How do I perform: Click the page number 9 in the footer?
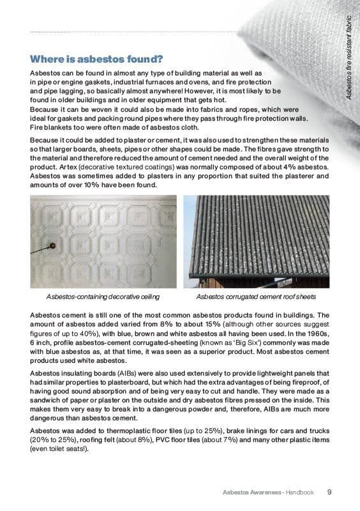(328, 492)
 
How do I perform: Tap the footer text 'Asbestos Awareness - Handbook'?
(268, 492)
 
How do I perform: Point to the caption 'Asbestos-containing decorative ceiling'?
(103, 296)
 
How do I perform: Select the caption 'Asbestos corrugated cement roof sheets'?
(255, 296)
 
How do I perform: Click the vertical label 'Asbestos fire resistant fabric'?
(349, 57)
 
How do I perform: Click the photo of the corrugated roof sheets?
(259, 241)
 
